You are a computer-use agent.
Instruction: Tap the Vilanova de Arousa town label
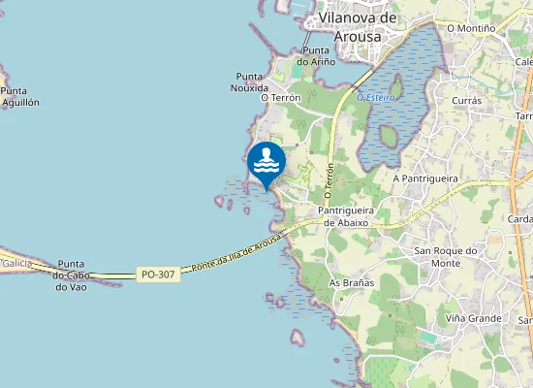click(x=358, y=27)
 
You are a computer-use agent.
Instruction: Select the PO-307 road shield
click(x=158, y=275)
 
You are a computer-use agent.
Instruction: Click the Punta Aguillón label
click(x=19, y=96)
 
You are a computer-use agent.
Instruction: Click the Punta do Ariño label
click(x=317, y=55)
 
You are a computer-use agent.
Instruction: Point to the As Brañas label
click(x=352, y=283)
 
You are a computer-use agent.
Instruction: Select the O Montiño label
click(x=471, y=28)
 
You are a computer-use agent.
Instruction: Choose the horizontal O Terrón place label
click(x=281, y=98)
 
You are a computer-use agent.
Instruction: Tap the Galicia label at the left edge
click(x=16, y=264)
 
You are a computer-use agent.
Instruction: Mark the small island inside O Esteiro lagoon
click(x=389, y=137)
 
